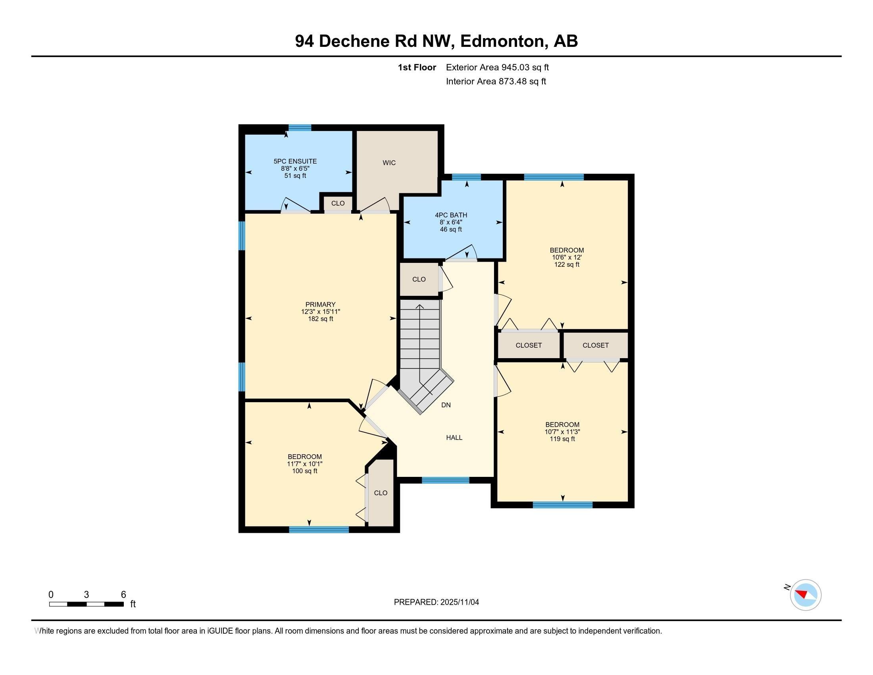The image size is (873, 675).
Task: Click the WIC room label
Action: (x=389, y=163)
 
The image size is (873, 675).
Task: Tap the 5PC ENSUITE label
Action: (x=295, y=161)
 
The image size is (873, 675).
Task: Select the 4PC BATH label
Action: (x=451, y=215)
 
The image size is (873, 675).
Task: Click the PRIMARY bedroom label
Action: (x=320, y=304)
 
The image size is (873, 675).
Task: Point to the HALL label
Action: (x=454, y=438)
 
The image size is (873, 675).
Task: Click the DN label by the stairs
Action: (x=446, y=405)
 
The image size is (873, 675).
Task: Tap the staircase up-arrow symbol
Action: (x=420, y=307)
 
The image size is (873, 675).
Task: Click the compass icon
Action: (x=806, y=595)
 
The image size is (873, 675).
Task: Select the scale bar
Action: (x=87, y=604)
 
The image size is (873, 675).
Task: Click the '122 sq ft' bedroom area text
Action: (x=566, y=265)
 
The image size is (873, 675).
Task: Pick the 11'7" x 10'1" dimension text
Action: (x=305, y=464)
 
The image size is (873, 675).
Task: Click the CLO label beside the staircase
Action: (x=419, y=280)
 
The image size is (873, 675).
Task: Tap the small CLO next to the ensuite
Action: (x=338, y=203)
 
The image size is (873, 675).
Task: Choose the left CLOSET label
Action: (x=529, y=345)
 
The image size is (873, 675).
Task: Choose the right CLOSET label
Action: (x=595, y=345)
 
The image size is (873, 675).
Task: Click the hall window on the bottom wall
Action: (x=445, y=480)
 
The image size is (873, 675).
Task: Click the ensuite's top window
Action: (x=300, y=127)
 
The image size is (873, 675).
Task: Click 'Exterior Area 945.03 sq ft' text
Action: (x=497, y=67)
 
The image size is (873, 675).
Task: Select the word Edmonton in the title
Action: (x=504, y=41)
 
